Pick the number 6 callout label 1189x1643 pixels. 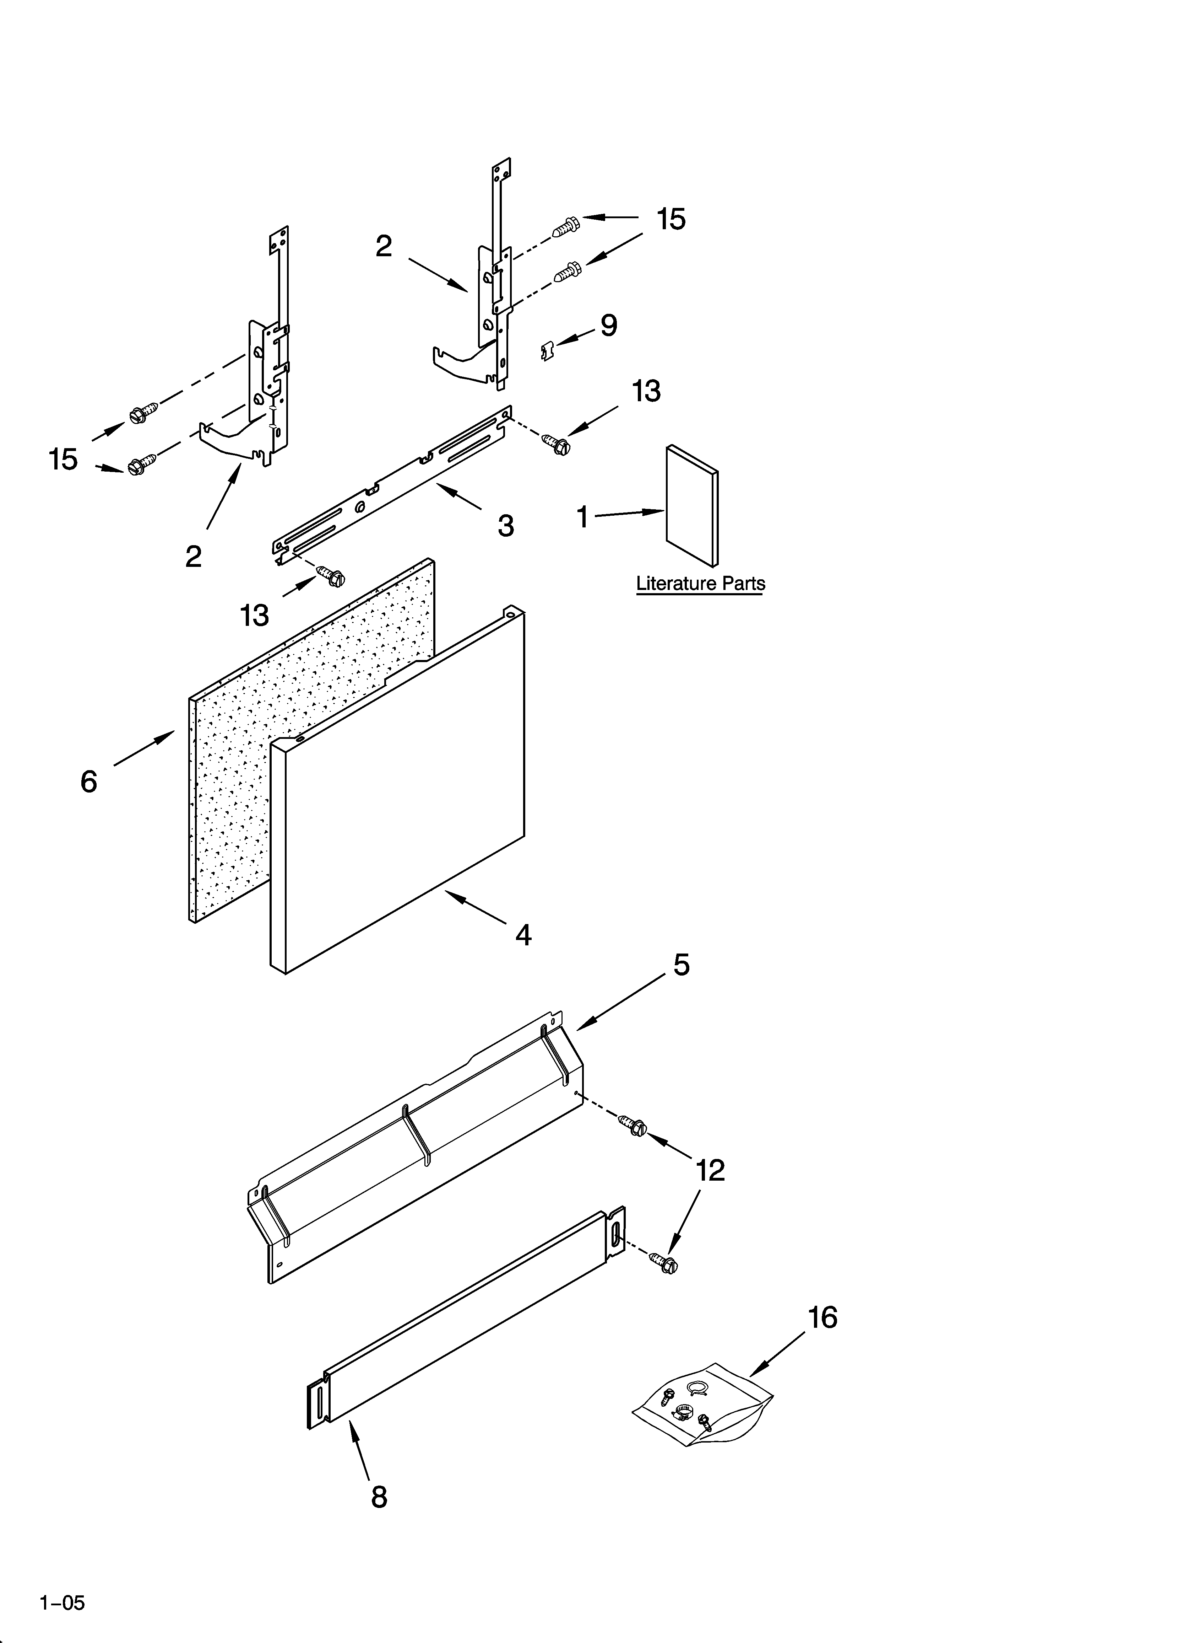coord(88,782)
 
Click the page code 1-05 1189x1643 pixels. coord(62,1598)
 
